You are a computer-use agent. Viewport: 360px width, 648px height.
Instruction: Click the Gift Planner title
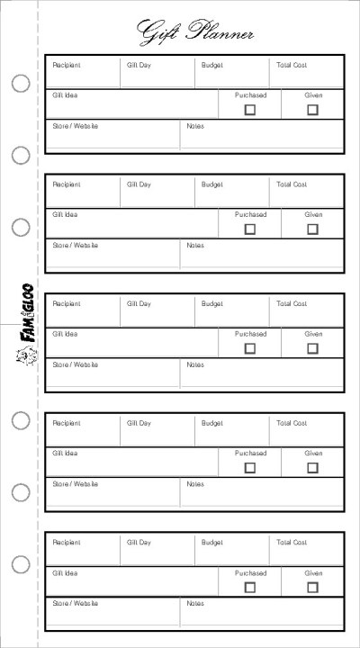(x=194, y=33)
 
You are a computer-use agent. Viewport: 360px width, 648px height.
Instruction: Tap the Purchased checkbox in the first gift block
(x=250, y=110)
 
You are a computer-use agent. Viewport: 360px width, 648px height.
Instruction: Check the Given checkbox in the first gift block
(x=312, y=110)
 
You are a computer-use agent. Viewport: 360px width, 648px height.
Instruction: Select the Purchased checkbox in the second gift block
(x=250, y=229)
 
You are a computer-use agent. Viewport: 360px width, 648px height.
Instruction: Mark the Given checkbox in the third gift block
(x=312, y=348)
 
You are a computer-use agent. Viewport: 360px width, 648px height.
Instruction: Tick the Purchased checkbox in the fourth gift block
(x=250, y=468)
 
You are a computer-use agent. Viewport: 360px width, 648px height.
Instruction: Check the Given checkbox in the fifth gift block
(x=312, y=587)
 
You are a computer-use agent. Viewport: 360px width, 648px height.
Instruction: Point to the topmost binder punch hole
(x=21, y=84)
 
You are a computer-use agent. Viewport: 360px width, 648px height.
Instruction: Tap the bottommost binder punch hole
(x=21, y=564)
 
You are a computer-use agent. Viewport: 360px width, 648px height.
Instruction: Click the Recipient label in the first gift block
(x=67, y=66)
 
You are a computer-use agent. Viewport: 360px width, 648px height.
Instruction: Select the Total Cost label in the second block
(x=292, y=184)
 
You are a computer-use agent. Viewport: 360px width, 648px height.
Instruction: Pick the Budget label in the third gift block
(x=212, y=304)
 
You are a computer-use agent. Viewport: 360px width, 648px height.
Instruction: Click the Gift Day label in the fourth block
(x=139, y=423)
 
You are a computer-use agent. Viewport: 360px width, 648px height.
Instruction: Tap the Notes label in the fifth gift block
(x=195, y=603)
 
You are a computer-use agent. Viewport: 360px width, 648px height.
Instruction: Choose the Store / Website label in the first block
(x=76, y=126)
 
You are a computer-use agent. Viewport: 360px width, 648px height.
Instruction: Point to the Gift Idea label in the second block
(x=65, y=215)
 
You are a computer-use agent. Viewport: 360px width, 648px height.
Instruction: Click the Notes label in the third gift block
(x=195, y=364)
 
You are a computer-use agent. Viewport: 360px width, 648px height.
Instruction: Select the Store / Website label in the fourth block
(x=76, y=484)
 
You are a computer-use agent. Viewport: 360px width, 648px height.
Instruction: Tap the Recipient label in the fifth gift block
(x=67, y=543)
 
